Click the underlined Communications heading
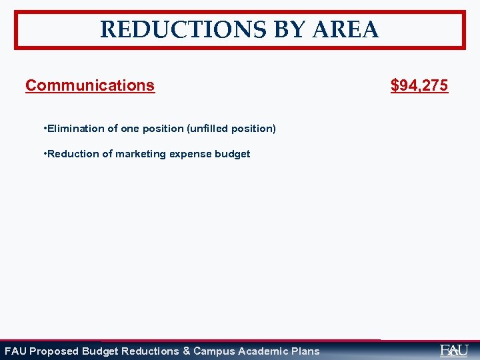(x=90, y=85)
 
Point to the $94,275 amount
(x=419, y=85)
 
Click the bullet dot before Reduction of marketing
(x=43, y=153)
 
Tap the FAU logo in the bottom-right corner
(x=454, y=350)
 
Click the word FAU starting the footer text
(x=15, y=351)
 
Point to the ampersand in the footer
(x=186, y=351)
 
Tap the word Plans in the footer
(x=305, y=351)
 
